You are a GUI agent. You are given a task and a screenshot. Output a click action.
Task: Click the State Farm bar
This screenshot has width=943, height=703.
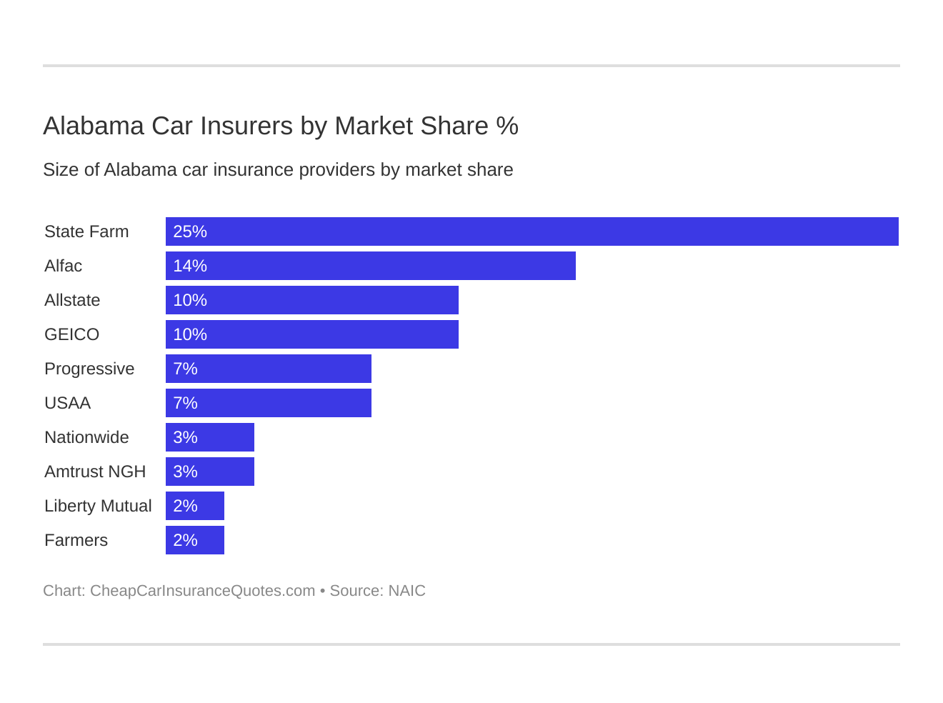(532, 231)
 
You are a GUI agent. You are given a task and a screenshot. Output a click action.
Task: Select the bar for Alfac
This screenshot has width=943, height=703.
(371, 266)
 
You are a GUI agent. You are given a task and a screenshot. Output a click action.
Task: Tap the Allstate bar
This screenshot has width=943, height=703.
(312, 300)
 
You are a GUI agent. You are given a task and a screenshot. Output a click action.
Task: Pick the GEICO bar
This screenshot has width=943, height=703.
(312, 334)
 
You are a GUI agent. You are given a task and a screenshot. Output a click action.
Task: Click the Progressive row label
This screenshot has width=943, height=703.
(89, 369)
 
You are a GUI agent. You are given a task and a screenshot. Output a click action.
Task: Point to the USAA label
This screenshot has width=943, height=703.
(67, 403)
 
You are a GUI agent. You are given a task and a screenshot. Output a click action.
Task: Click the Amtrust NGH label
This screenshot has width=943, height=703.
(95, 472)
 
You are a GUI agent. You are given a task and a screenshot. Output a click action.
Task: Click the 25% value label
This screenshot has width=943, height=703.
(190, 231)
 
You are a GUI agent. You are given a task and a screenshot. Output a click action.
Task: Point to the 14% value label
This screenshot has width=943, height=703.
(190, 266)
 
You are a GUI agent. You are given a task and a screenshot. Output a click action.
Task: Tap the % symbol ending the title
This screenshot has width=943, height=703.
(507, 126)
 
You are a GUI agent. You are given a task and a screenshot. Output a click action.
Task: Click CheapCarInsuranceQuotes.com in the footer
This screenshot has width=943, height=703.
(202, 591)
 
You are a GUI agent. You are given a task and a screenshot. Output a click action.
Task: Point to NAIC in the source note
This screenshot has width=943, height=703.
(406, 591)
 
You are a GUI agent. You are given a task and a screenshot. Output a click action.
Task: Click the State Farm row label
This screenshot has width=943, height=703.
(86, 231)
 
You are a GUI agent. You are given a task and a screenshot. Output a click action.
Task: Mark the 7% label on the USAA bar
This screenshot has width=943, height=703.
(185, 403)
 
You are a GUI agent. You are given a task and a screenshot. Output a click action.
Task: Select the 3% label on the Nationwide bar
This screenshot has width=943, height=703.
(185, 437)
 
